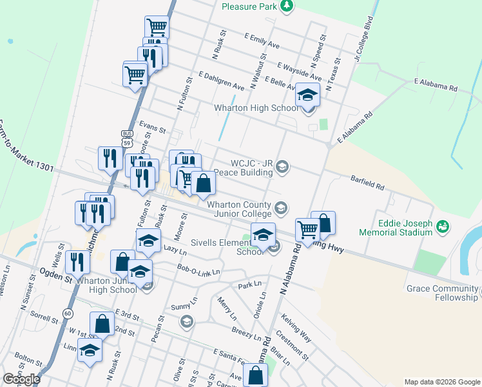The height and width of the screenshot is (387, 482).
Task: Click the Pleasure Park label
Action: click(x=248, y=6)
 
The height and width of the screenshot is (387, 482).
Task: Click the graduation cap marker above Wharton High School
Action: click(x=308, y=95)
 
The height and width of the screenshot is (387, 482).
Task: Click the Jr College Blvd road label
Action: click(x=363, y=39)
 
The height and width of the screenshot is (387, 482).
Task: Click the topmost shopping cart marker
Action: click(x=157, y=27)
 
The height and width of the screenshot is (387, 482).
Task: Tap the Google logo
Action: click(x=21, y=379)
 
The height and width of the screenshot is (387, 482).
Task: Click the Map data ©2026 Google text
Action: click(x=442, y=382)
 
